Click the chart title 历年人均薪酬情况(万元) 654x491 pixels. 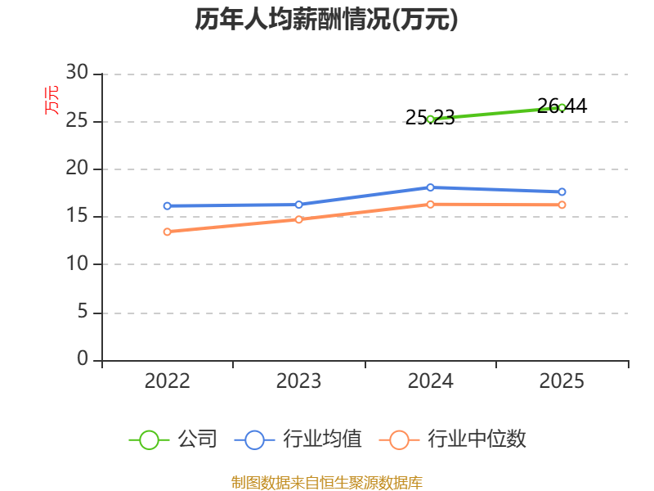coord(326,20)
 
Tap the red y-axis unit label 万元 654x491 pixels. coord(52,100)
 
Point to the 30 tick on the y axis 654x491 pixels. coord(77,73)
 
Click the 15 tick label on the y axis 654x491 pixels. coord(77,216)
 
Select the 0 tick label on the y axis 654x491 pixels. coord(83,358)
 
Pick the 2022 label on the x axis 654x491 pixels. coord(168,381)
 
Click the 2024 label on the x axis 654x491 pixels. coord(431,381)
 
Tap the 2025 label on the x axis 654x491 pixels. coord(562,381)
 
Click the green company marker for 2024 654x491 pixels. coord(431,119)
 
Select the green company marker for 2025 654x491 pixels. coord(562,108)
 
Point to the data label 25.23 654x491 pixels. coord(430,118)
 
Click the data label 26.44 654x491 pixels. coord(562,106)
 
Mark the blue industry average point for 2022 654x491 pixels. coord(168,206)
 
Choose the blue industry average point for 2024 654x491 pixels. coord(431,187)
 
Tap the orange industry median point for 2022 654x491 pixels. coord(168,232)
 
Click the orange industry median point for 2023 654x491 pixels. coord(298,219)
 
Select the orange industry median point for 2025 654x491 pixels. coord(562,205)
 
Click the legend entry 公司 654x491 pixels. coord(173,439)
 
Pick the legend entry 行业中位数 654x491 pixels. coord(453,439)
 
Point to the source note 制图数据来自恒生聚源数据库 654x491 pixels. coord(327,483)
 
